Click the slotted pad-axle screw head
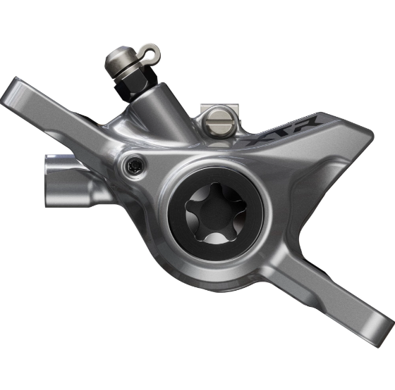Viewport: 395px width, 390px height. (219, 122)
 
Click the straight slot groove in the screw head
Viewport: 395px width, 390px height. (219, 122)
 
